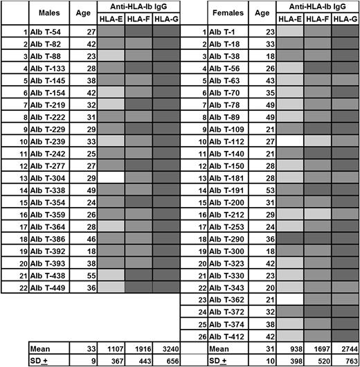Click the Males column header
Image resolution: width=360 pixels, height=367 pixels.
click(48, 14)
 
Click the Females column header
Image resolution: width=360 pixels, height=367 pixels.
click(226, 14)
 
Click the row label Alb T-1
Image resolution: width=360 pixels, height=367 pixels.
click(222, 32)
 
